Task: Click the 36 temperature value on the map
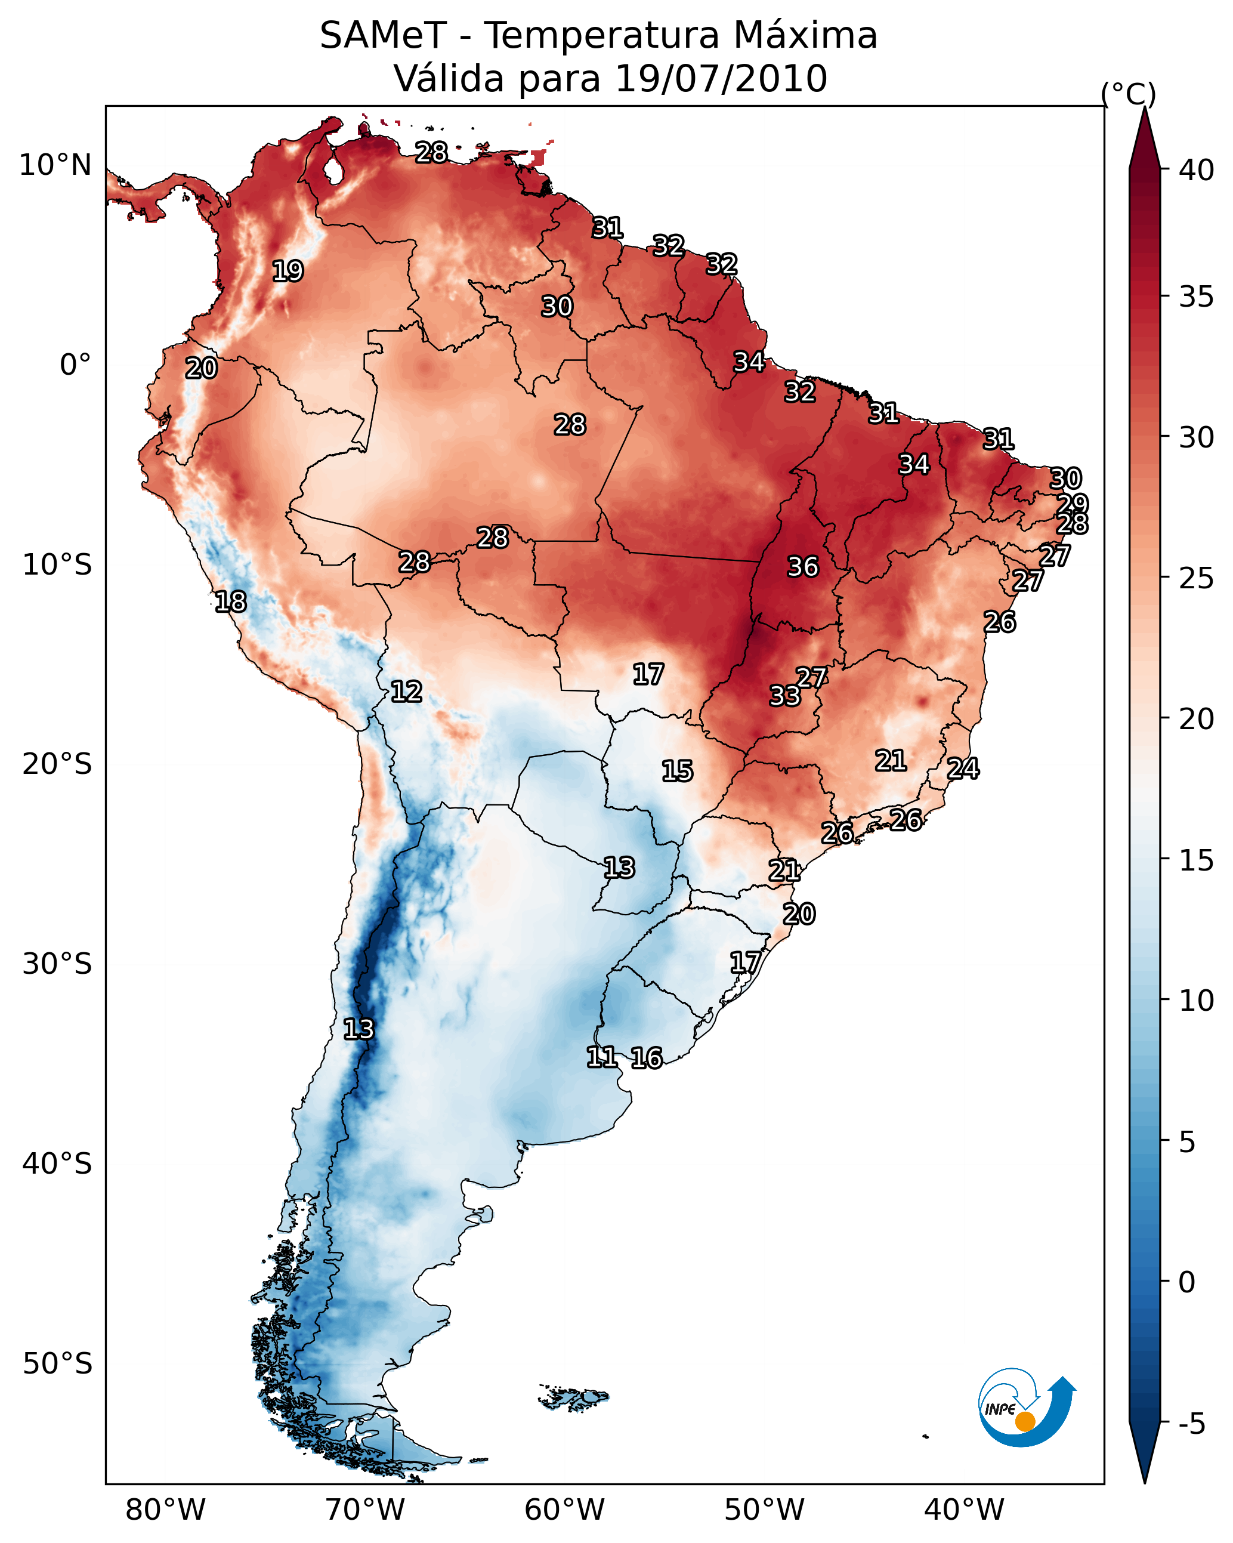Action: pyautogui.click(x=802, y=567)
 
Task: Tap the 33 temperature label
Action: pyautogui.click(x=784, y=696)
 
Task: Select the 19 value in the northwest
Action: pyautogui.click(x=288, y=271)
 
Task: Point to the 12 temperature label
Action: pyautogui.click(x=406, y=692)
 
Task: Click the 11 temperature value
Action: pyautogui.click(x=601, y=1057)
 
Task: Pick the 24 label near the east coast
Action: pyautogui.click(x=963, y=769)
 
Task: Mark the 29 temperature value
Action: pyautogui.click(x=1072, y=504)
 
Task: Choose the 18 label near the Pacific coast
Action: pyautogui.click(x=230, y=602)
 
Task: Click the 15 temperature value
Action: pyautogui.click(x=677, y=771)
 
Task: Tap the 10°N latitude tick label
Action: pyautogui.click(x=55, y=165)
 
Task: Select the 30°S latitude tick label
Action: pyautogui.click(x=57, y=964)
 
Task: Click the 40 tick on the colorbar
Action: pyautogui.click(x=1197, y=170)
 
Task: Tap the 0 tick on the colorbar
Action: pyautogui.click(x=1186, y=1282)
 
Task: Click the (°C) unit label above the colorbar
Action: pyautogui.click(x=1128, y=94)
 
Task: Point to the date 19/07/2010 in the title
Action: pyautogui.click(x=721, y=78)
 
